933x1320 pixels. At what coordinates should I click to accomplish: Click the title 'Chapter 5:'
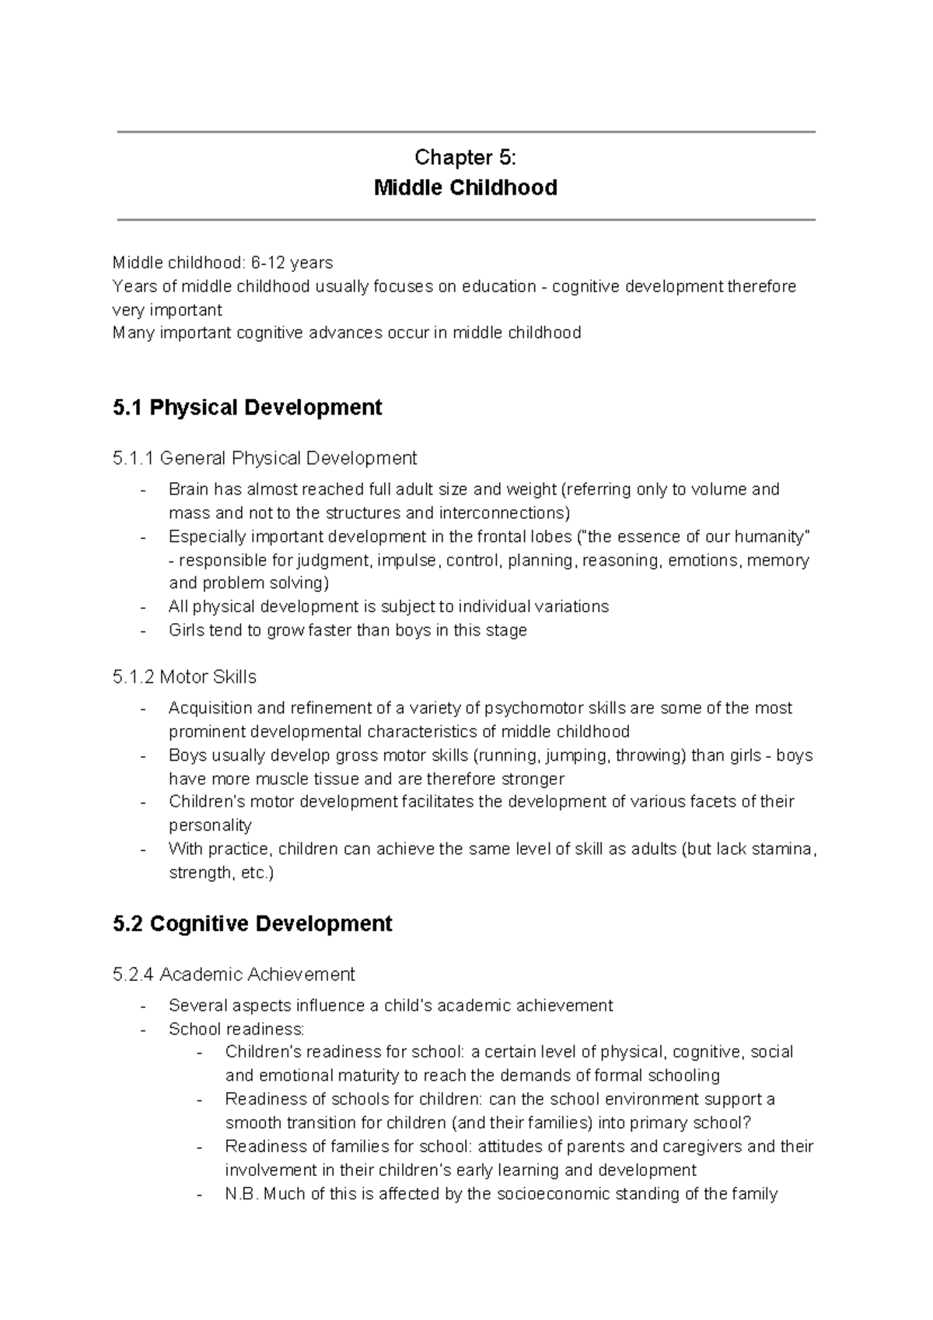pos(465,158)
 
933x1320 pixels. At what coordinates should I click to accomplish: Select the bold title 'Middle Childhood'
pos(465,188)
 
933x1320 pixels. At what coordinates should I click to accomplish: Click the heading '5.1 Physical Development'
pos(247,408)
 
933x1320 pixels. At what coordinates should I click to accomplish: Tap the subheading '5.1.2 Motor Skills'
pos(184,678)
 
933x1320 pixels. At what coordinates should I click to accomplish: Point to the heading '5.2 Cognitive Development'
pos(252,924)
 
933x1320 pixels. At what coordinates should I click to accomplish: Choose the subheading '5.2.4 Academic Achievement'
pos(233,975)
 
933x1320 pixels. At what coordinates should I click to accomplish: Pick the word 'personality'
pos(210,825)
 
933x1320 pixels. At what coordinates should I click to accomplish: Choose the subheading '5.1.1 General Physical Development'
pos(264,458)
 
